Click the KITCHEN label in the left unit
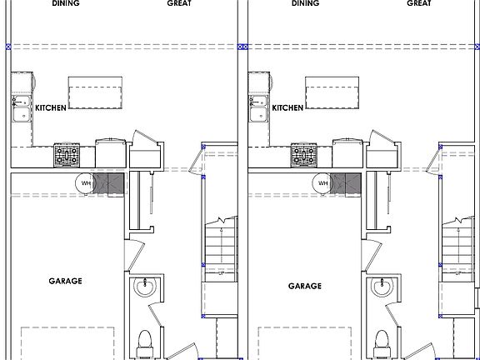click(51, 107)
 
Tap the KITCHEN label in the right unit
click(287, 107)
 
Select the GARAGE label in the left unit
click(65, 281)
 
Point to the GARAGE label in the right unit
click(305, 286)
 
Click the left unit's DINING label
click(66, 3)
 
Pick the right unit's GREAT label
click(419, 3)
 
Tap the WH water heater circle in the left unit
click(86, 183)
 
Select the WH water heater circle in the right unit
click(322, 183)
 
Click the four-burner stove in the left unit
click(67, 156)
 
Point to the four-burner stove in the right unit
click(303, 156)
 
